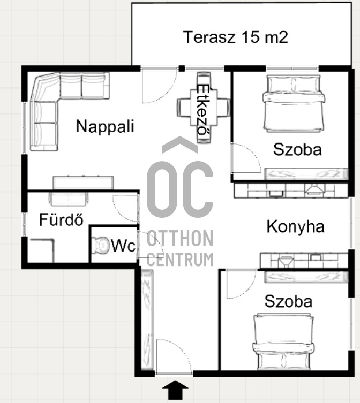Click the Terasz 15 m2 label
[x=236, y=37]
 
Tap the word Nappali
[x=105, y=126]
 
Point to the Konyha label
[x=295, y=227]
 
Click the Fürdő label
[x=61, y=219]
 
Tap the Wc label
[x=123, y=246]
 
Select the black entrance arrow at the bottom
[x=175, y=390]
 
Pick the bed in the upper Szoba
[x=294, y=103]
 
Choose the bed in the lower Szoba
[x=283, y=342]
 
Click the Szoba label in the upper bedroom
[x=297, y=149]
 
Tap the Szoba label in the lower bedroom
[x=288, y=301]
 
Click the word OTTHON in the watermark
[x=180, y=239]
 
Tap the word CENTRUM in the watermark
[x=180, y=260]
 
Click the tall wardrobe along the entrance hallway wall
[x=147, y=320]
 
